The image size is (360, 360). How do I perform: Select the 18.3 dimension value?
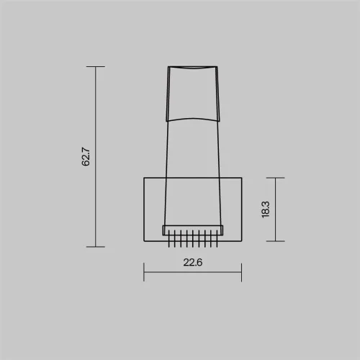click(266, 210)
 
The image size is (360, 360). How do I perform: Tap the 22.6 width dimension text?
click(192, 263)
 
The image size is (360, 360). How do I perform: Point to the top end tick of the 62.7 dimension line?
click(95, 66)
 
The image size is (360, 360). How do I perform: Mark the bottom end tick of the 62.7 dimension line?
click(95, 246)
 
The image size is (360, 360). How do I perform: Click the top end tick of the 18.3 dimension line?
click(275, 177)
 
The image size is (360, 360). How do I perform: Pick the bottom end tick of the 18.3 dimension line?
click(275, 241)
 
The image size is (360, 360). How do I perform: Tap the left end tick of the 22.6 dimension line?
click(144, 271)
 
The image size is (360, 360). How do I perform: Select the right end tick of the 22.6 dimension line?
click(241, 271)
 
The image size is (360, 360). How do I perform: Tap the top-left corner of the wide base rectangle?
click(144, 177)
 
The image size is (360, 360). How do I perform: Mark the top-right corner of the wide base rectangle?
click(241, 177)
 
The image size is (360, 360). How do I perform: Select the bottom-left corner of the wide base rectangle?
click(144, 241)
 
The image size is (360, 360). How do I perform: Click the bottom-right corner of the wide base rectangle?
click(241, 241)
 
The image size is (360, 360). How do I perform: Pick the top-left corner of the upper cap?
click(168, 67)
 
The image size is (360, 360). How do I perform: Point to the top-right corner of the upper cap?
click(217, 67)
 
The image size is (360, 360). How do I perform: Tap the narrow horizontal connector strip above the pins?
click(193, 230)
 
